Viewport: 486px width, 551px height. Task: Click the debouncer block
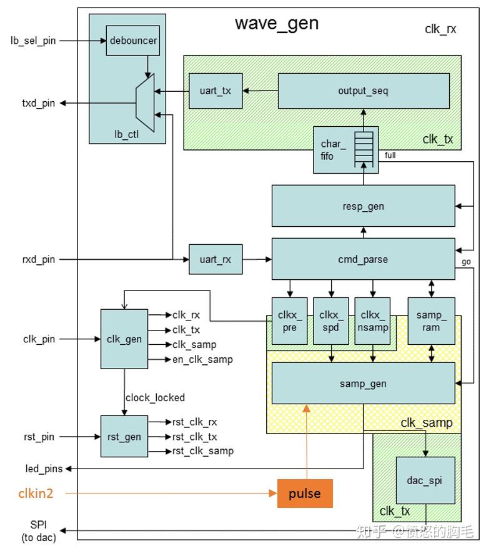pyautogui.click(x=133, y=41)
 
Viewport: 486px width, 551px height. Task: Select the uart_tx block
pyautogui.click(x=216, y=91)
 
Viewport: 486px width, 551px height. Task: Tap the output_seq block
pyautogui.click(x=363, y=91)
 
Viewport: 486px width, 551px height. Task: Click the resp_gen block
pyautogui.click(x=363, y=206)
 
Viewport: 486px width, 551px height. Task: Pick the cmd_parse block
pyautogui.click(x=363, y=259)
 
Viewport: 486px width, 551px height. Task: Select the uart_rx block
pyautogui.click(x=216, y=259)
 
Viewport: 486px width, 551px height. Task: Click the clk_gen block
pyautogui.click(x=124, y=339)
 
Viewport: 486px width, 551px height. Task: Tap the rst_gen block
pyautogui.click(x=124, y=436)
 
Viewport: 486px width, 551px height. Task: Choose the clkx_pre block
pyautogui.click(x=289, y=320)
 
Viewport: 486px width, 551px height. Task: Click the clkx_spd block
pyautogui.click(x=331, y=320)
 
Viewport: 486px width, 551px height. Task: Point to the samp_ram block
pyautogui.click(x=431, y=320)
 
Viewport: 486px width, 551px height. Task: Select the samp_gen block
pyautogui.click(x=363, y=383)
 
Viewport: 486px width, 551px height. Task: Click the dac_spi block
pyautogui.click(x=425, y=480)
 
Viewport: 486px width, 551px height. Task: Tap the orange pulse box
pyautogui.click(x=305, y=494)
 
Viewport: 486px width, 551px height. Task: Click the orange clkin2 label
pyautogui.click(x=35, y=494)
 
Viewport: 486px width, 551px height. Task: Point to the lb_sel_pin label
pyautogui.click(x=33, y=41)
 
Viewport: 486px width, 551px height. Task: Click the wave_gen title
pyautogui.click(x=277, y=24)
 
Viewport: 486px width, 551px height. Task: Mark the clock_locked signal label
pyautogui.click(x=155, y=397)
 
